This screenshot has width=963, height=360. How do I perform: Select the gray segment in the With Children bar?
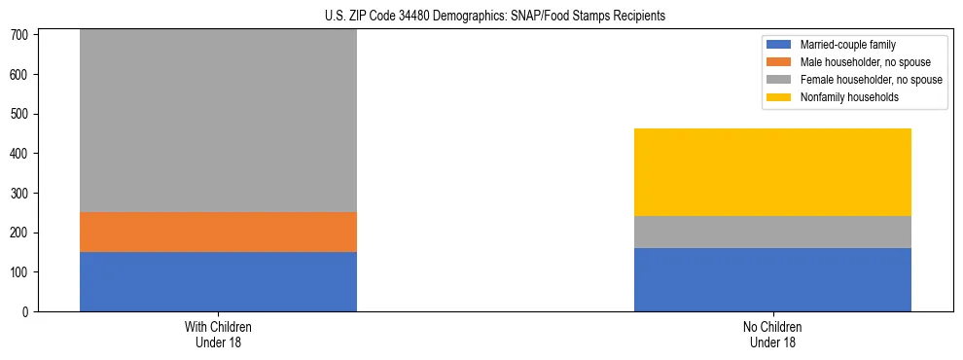point(218,122)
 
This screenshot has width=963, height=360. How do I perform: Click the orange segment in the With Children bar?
point(218,232)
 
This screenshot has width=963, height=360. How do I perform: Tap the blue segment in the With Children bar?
point(218,281)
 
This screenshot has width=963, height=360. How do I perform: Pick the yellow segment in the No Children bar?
point(772,172)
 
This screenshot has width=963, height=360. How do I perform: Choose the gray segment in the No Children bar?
point(772,232)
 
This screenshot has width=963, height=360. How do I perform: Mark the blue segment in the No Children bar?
point(772,279)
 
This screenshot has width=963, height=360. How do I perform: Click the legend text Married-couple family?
point(848,45)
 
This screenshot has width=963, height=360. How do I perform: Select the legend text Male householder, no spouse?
point(865,62)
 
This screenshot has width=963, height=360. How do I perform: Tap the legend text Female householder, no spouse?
point(871,80)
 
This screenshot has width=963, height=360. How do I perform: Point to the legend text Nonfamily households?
point(849,97)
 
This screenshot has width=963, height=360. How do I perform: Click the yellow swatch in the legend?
point(780,97)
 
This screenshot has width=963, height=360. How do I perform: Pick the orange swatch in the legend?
point(780,62)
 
